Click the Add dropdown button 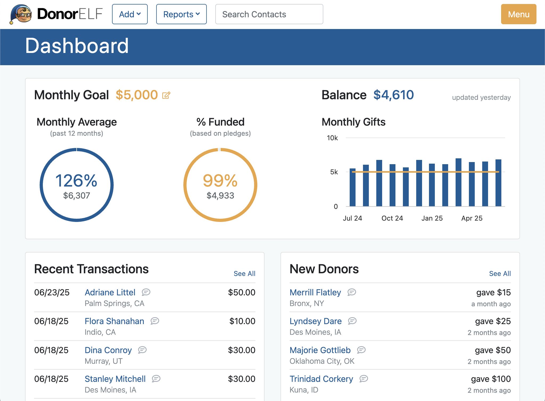pyautogui.click(x=130, y=14)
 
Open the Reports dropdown pyautogui.click(x=181, y=14)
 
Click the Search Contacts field pyautogui.click(x=269, y=14)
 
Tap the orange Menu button pyautogui.click(x=518, y=14)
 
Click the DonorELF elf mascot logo pyautogui.click(x=21, y=14)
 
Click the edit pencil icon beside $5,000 pyautogui.click(x=166, y=95)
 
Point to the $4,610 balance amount pyautogui.click(x=393, y=95)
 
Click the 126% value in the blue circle pyautogui.click(x=76, y=181)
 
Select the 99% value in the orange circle pyautogui.click(x=220, y=181)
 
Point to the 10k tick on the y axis pyautogui.click(x=332, y=138)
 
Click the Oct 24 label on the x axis pyautogui.click(x=392, y=218)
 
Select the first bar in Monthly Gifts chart pyautogui.click(x=352, y=187)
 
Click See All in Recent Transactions pyautogui.click(x=244, y=274)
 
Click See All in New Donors pyautogui.click(x=500, y=274)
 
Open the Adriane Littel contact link pyautogui.click(x=110, y=292)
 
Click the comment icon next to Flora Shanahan pyautogui.click(x=155, y=321)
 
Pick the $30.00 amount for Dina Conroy pyautogui.click(x=241, y=350)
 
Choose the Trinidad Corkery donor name pyautogui.click(x=321, y=379)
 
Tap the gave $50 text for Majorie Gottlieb pyautogui.click(x=493, y=350)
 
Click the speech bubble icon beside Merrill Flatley pyautogui.click(x=352, y=292)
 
